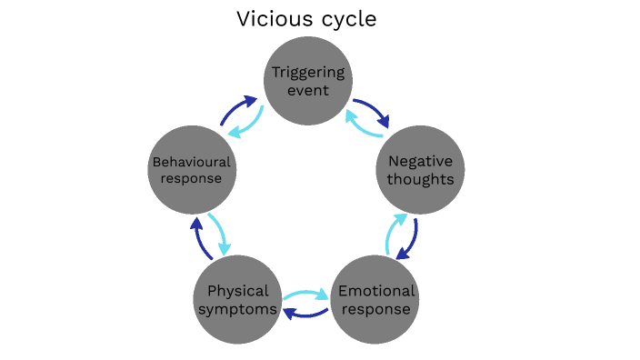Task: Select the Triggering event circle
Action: point(307,81)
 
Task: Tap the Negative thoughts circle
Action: point(420,170)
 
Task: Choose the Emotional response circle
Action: point(375,301)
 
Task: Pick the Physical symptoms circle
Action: point(237,301)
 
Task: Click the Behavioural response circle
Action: point(192,170)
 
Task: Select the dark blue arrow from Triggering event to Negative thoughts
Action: point(373,110)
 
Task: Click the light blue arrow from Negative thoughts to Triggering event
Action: point(361,125)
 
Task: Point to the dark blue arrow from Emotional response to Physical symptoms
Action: point(306,313)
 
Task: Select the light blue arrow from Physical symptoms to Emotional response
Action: point(306,295)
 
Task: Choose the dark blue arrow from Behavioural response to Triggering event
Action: point(239,108)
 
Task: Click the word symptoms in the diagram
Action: point(238,309)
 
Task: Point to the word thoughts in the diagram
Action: point(420,178)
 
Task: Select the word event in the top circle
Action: point(307,90)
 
